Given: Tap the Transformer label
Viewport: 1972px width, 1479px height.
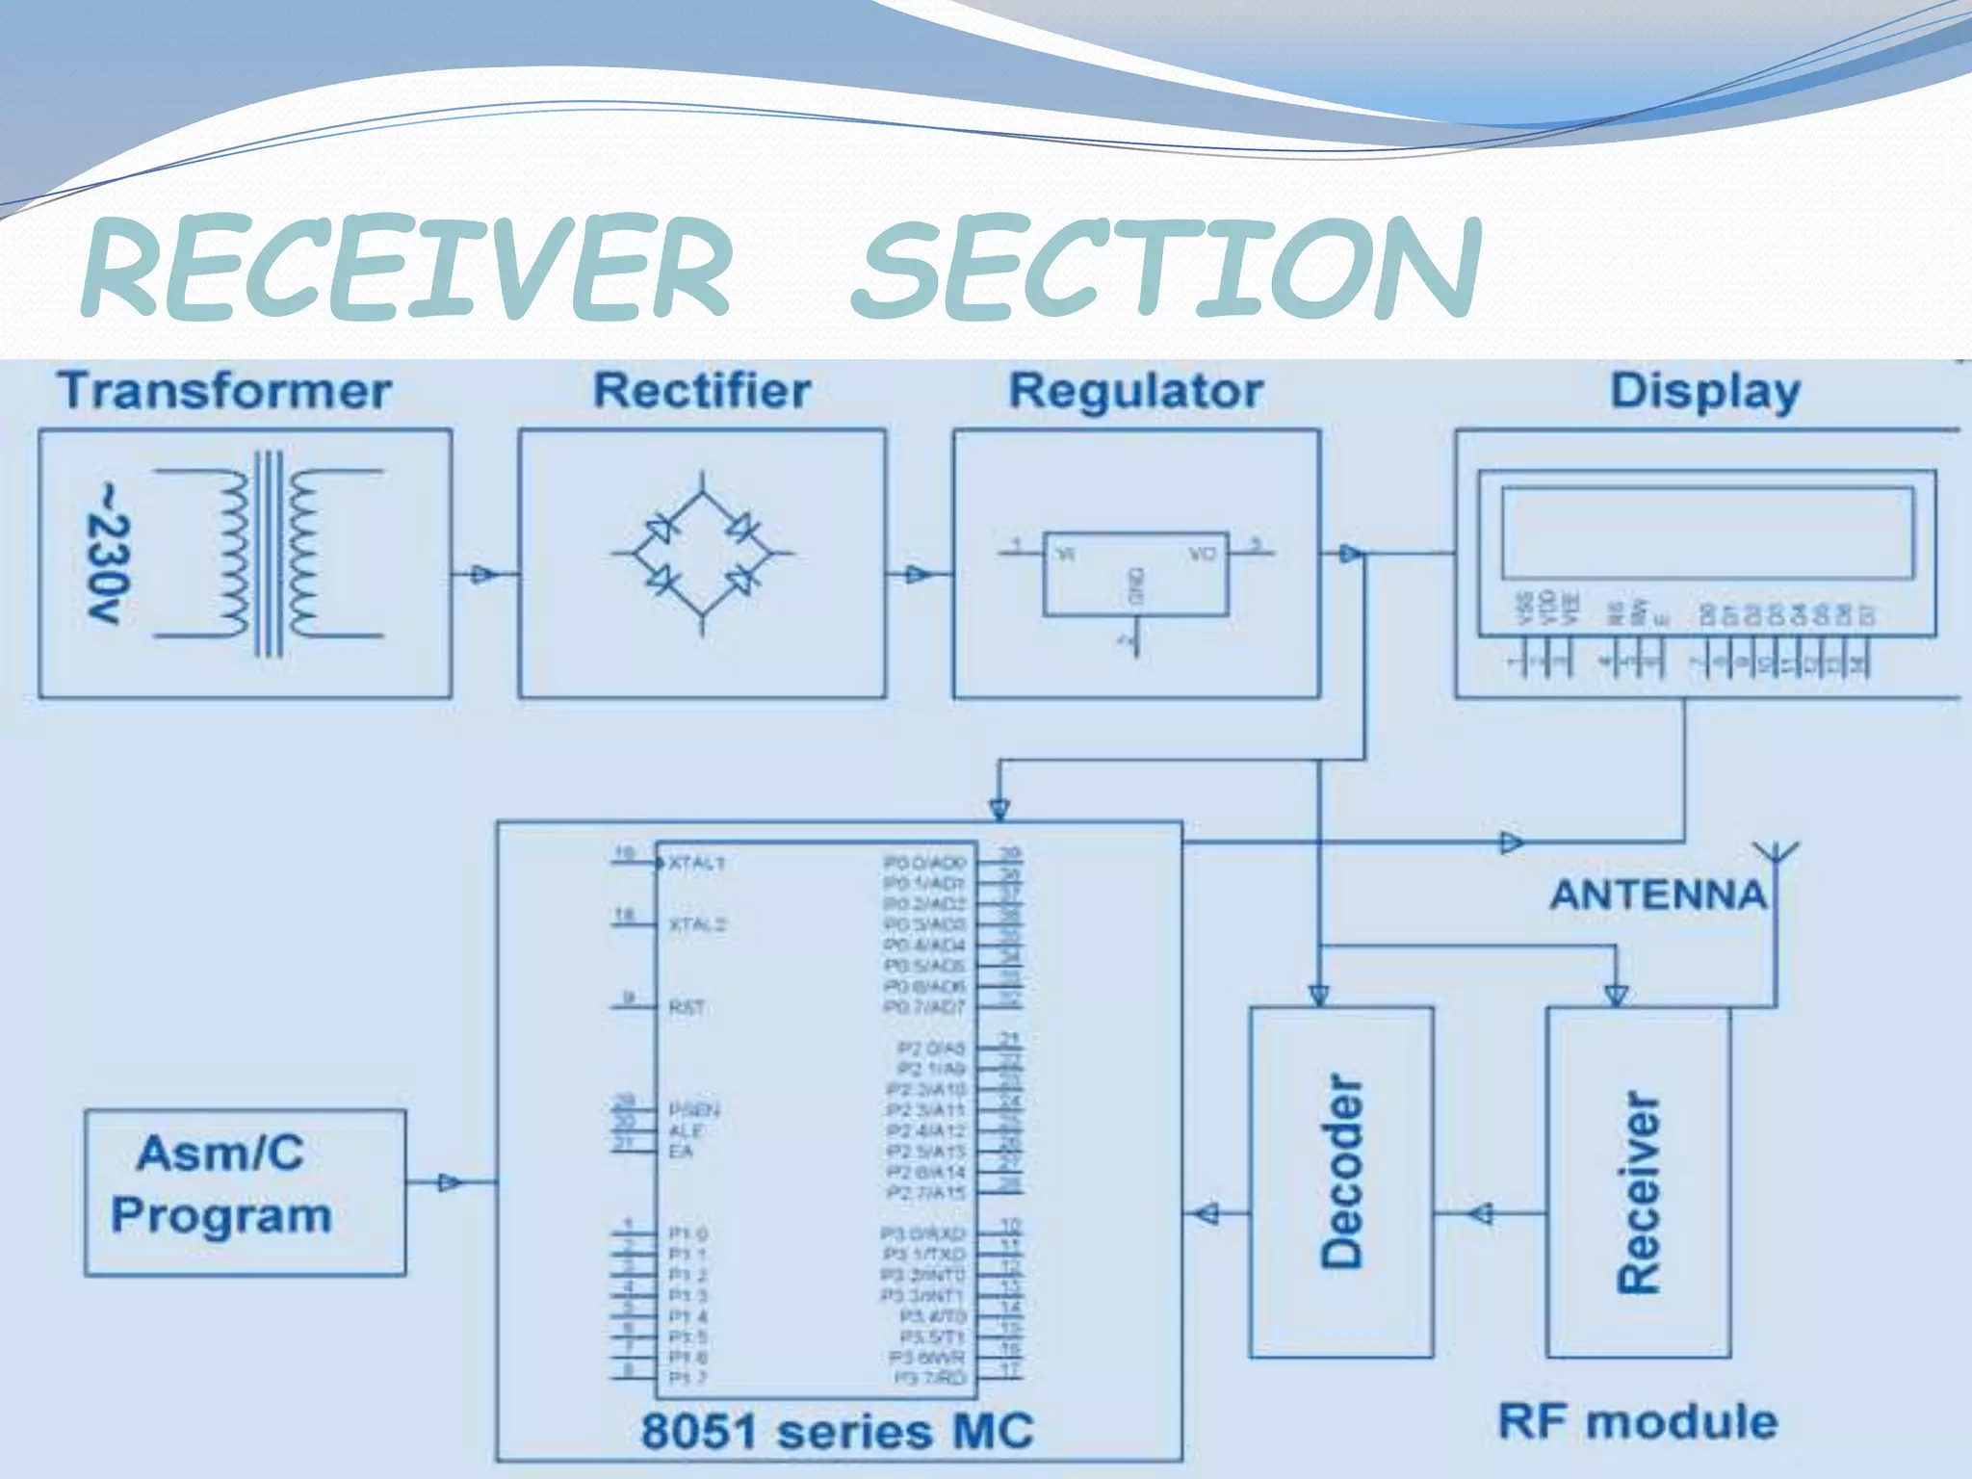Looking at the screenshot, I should (x=224, y=391).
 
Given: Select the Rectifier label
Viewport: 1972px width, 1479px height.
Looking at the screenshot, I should (x=702, y=391).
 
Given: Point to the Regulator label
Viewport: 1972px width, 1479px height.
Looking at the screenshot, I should (x=1136, y=391).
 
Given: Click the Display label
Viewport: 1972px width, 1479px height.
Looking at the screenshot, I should (x=1705, y=392).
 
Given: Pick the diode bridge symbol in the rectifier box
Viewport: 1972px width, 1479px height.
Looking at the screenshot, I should (x=702, y=554).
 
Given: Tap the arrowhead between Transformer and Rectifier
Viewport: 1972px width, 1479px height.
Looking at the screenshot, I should (x=482, y=575).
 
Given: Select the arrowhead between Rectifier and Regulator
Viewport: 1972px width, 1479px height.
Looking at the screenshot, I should (x=918, y=575).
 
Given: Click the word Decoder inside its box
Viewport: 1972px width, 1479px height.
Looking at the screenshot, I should (x=1342, y=1170).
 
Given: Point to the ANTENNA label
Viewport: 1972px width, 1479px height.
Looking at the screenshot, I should (x=1658, y=895).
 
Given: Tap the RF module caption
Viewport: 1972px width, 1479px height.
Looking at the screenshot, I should (x=1638, y=1421).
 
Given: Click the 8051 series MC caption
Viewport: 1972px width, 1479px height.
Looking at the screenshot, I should (x=838, y=1431).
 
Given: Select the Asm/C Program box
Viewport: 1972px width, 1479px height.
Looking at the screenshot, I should (x=245, y=1193).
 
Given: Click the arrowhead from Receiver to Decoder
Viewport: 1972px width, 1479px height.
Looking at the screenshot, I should (x=1483, y=1213).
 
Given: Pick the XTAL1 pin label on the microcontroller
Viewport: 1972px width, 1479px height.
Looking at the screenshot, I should (x=696, y=863).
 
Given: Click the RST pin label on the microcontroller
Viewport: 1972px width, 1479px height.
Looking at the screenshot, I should (x=686, y=1008).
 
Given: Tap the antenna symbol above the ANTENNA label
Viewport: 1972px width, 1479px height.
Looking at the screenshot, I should (x=1775, y=853).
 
